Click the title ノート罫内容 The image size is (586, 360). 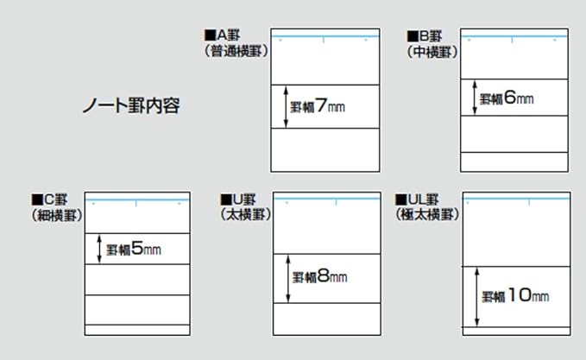(x=130, y=107)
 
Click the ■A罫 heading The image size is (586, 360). (x=226, y=35)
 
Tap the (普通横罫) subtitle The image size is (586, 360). (x=235, y=51)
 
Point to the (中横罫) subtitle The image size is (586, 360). (x=432, y=51)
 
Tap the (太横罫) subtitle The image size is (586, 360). (x=246, y=214)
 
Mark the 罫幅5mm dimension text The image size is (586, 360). (x=134, y=250)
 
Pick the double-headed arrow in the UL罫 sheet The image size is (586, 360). (x=476, y=296)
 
